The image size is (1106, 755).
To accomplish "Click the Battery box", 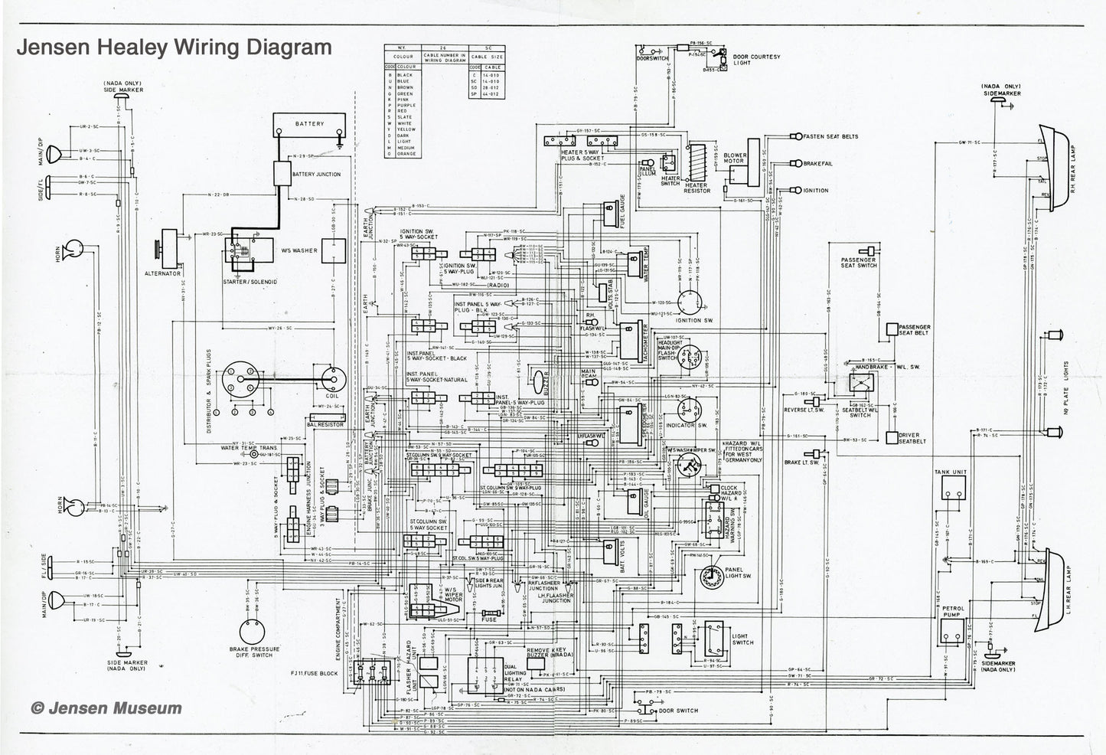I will click(309, 124).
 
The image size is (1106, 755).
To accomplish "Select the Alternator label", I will click(162, 273).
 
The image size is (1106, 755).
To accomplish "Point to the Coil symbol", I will click(333, 377).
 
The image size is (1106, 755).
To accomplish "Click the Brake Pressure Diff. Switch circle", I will click(250, 631).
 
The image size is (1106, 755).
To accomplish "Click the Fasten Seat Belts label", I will click(830, 136).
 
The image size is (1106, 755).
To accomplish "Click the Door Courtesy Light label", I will click(756, 60).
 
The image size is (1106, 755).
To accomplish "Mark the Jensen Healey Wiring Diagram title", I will click(175, 47).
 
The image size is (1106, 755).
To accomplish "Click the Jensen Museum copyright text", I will click(106, 708).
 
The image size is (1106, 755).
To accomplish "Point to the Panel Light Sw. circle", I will click(713, 579).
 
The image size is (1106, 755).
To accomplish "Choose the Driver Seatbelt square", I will click(892, 438).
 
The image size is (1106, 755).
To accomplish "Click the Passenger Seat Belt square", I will click(892, 328).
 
